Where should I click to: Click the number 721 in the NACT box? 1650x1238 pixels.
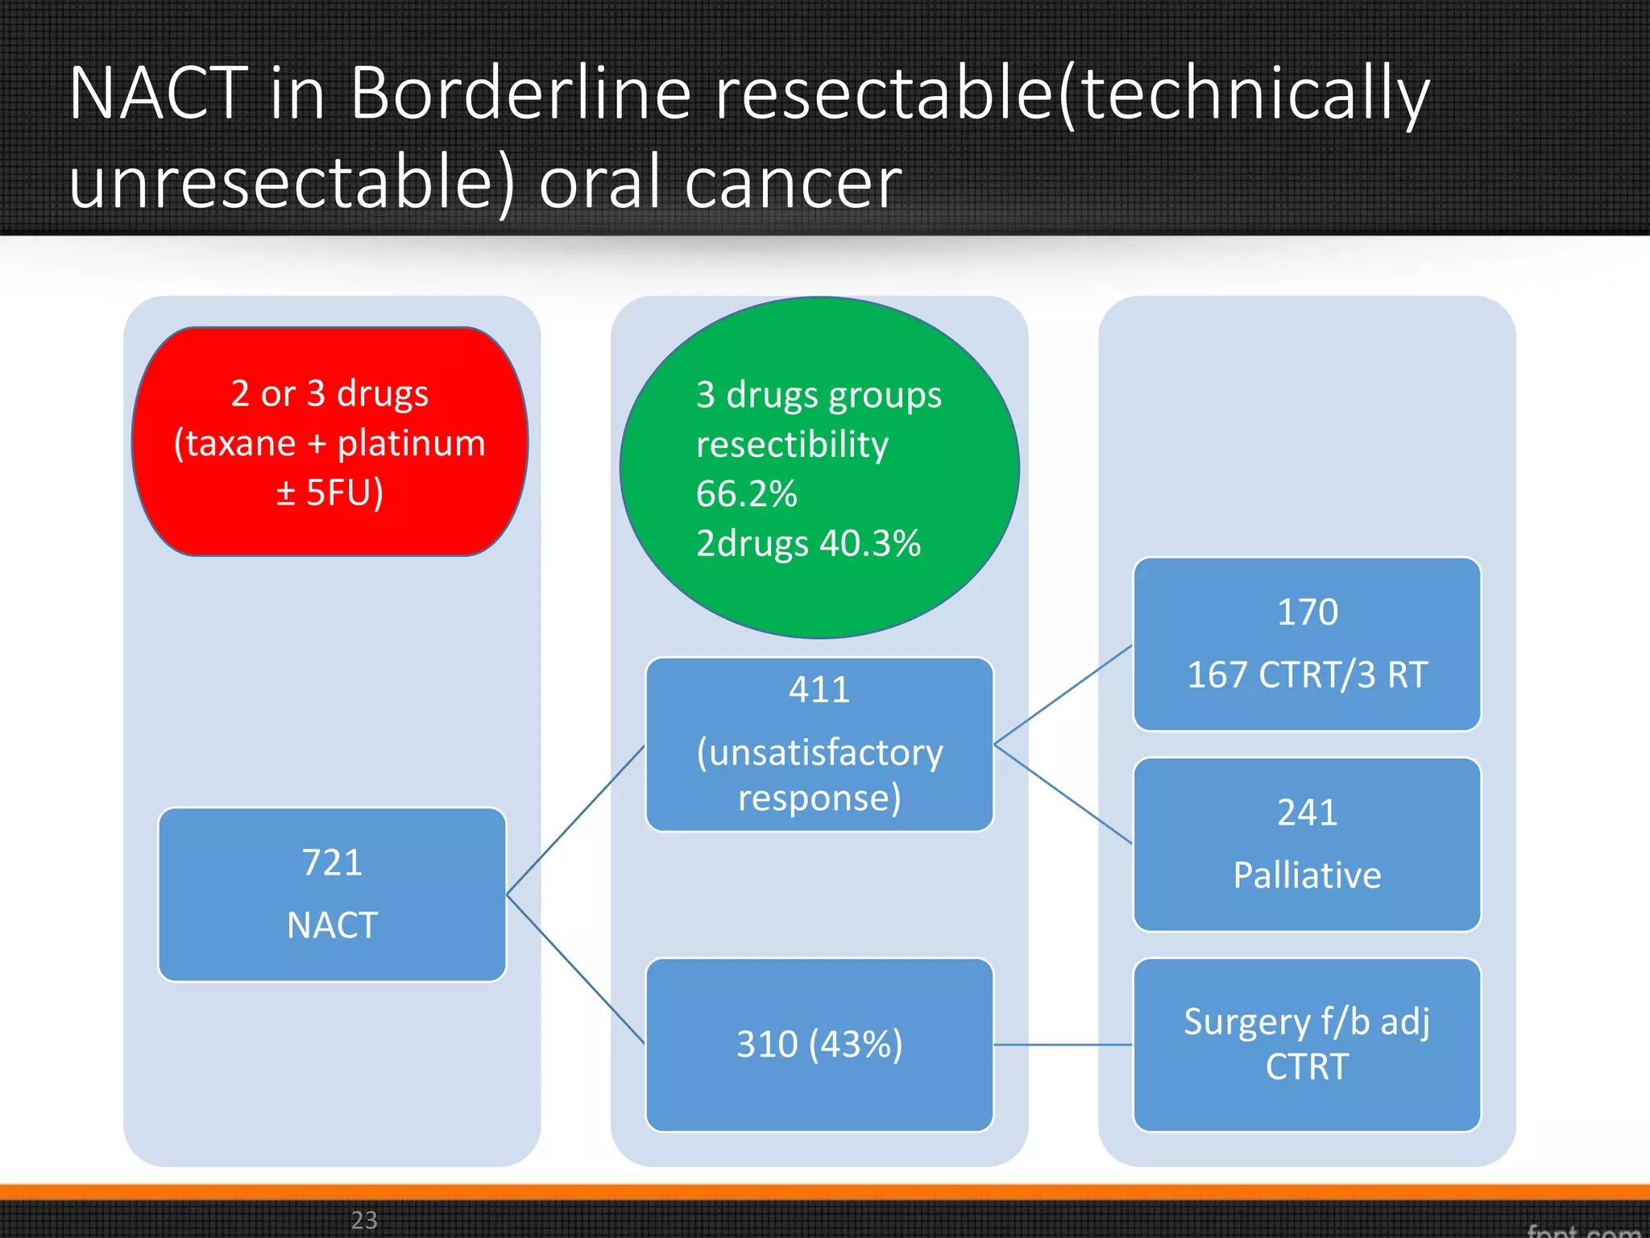tap(332, 862)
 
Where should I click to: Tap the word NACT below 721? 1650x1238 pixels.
tap(332, 925)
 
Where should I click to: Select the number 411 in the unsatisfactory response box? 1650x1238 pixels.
tap(819, 690)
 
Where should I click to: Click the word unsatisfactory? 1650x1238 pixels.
tap(819, 753)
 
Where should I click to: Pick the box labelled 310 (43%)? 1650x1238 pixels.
tap(819, 1045)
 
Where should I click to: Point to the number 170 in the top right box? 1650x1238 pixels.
tap(1307, 613)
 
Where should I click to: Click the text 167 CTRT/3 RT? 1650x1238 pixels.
tap(1307, 675)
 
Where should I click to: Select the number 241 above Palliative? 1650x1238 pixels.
tap(1307, 812)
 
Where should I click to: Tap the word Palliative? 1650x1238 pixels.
tap(1307, 875)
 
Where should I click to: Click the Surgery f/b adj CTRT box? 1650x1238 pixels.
tap(1307, 1045)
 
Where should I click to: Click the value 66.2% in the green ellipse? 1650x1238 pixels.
tap(746, 494)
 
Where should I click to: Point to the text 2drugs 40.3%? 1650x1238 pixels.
tap(808, 543)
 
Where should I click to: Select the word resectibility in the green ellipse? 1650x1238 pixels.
tap(792, 445)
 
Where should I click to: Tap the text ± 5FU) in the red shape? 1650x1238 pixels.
tap(330, 492)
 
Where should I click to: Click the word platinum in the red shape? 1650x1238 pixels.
tap(411, 443)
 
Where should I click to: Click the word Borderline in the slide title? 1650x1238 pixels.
tap(520, 93)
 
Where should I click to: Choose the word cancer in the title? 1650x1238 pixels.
tap(793, 184)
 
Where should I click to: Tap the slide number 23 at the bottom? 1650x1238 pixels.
tap(364, 1219)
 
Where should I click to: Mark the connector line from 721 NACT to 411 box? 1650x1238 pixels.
tap(575, 820)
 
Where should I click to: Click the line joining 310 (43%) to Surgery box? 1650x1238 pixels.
tap(1063, 1045)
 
